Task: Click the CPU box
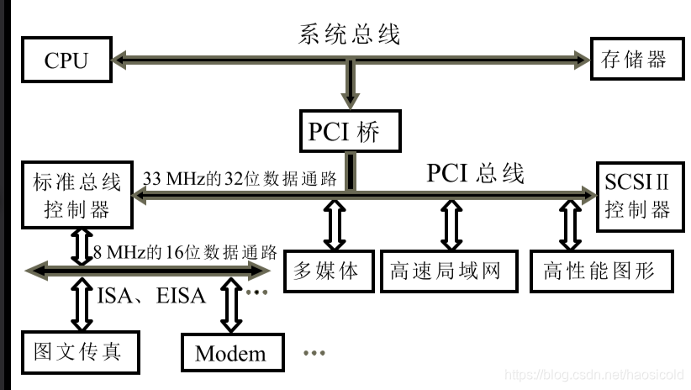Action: (x=66, y=60)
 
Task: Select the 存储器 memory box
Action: (x=634, y=60)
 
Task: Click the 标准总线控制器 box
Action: (x=76, y=194)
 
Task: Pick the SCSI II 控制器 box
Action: (x=637, y=194)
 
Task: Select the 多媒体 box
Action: (x=326, y=270)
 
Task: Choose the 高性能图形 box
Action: (x=603, y=270)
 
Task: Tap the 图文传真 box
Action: (x=76, y=350)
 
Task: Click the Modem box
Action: (x=230, y=353)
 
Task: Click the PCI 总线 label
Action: (x=475, y=173)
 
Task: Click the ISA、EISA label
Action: (x=151, y=296)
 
